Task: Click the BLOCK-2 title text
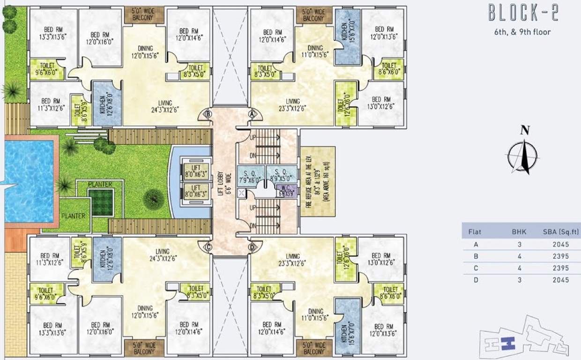[x=523, y=13]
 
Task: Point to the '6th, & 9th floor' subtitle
[x=522, y=32]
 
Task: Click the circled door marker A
[x=252, y=113]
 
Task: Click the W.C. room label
[x=286, y=191]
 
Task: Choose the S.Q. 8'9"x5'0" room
[x=281, y=174]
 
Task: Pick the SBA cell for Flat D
[x=560, y=280]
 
